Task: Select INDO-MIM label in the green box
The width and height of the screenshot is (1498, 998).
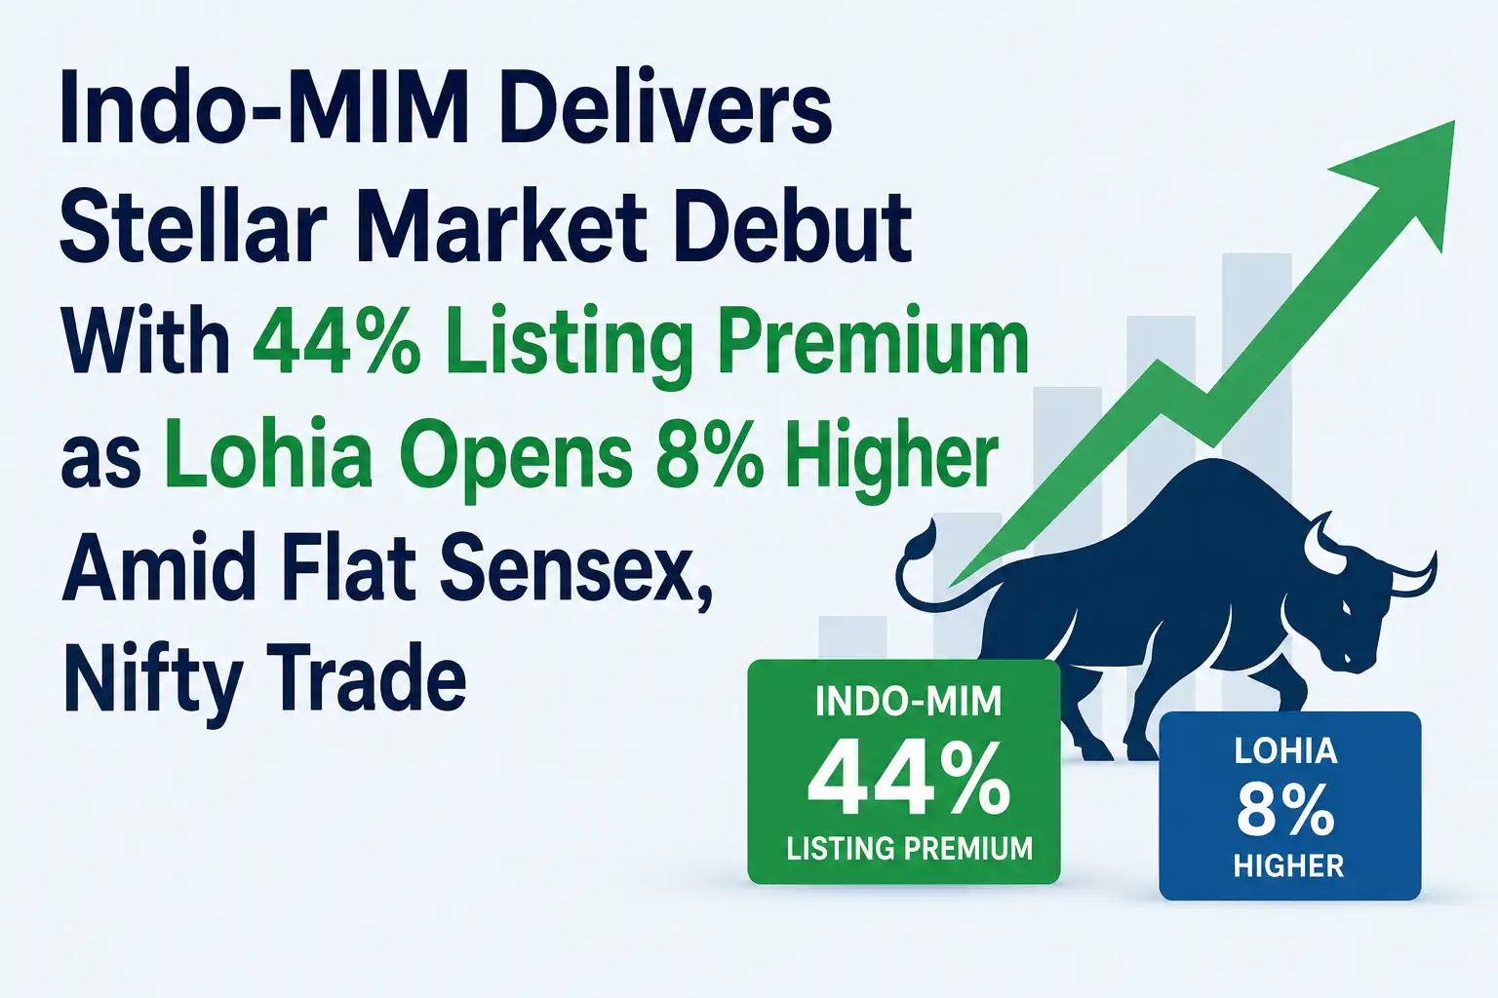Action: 908,704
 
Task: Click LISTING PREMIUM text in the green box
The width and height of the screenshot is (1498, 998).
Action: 910,848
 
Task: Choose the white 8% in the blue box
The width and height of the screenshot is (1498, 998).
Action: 1285,812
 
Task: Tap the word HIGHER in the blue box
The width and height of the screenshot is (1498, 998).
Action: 1288,865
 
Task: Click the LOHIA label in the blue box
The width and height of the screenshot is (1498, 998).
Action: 1286,751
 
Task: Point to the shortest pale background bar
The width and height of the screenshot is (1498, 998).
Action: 852,637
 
